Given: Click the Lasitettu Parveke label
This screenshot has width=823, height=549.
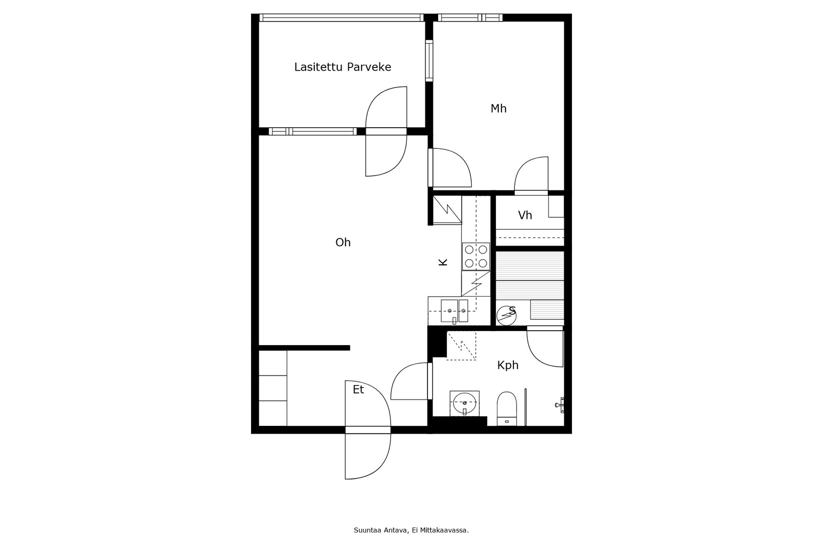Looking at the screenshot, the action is tap(343, 67).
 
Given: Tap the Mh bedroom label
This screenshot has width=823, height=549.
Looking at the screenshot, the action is tap(498, 109).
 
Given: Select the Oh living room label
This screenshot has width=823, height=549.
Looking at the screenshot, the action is tap(343, 243).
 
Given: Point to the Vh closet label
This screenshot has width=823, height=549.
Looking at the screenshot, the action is tap(525, 215).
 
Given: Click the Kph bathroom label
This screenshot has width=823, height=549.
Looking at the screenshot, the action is tap(508, 365).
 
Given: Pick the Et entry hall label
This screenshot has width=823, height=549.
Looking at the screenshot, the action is tap(358, 389).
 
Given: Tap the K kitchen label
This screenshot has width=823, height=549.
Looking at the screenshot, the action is tap(443, 262).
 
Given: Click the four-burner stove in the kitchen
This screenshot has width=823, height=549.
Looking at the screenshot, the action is tap(476, 256).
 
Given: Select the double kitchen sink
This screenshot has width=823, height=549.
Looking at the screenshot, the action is tap(455, 311).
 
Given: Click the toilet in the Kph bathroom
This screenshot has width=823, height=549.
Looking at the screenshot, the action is tap(507, 409).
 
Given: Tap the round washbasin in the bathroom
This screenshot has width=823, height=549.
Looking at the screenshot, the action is tap(464, 403).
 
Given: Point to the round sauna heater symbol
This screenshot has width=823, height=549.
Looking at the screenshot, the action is tap(506, 316).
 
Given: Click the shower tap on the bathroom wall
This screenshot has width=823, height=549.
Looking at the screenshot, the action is tap(560, 405).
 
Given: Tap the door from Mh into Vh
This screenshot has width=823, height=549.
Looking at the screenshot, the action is tap(531, 175).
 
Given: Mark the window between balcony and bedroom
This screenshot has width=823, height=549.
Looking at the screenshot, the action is tap(429, 60).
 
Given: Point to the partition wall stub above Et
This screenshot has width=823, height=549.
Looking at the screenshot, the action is tap(304, 348).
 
